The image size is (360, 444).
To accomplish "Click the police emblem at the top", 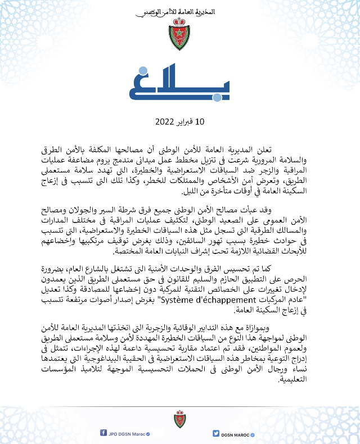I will (x=180, y=34).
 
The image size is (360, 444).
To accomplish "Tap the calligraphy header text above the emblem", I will (x=180, y=11).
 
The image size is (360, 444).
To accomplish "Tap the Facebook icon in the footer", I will (x=104, y=433).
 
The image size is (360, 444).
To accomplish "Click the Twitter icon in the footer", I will (x=215, y=433).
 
